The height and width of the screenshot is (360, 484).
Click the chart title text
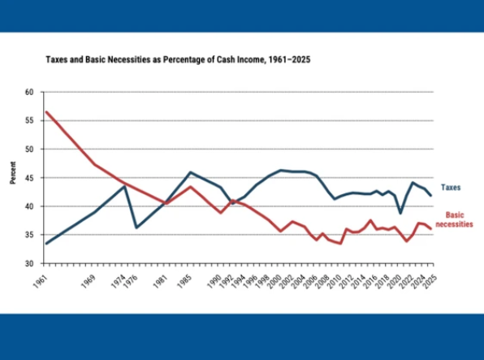click(x=178, y=59)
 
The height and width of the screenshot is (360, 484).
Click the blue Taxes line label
click(x=451, y=187)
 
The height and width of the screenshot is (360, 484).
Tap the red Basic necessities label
click(x=455, y=219)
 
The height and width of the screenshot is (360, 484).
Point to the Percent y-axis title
click(x=13, y=173)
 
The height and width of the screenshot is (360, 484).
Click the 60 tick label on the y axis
click(x=29, y=92)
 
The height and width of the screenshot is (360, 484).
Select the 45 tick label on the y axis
click(x=29, y=178)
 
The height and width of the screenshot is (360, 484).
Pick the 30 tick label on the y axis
click(x=29, y=263)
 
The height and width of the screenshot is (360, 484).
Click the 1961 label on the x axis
click(x=41, y=281)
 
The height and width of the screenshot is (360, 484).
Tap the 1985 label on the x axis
click(x=184, y=281)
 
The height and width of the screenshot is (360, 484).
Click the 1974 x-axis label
click(x=119, y=281)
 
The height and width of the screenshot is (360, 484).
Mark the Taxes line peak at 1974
click(x=124, y=186)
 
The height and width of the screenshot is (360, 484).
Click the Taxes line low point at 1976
click(x=136, y=228)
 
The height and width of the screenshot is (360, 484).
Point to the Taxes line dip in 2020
click(x=400, y=213)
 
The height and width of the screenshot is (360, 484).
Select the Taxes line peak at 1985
click(x=191, y=172)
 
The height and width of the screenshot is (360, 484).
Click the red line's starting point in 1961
click(x=46, y=112)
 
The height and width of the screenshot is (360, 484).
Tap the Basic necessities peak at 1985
click(x=191, y=187)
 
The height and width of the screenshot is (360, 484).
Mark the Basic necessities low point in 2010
click(x=340, y=244)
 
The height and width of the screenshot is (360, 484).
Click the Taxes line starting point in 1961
click(x=46, y=244)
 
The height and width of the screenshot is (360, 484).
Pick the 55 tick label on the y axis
click(x=29, y=120)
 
